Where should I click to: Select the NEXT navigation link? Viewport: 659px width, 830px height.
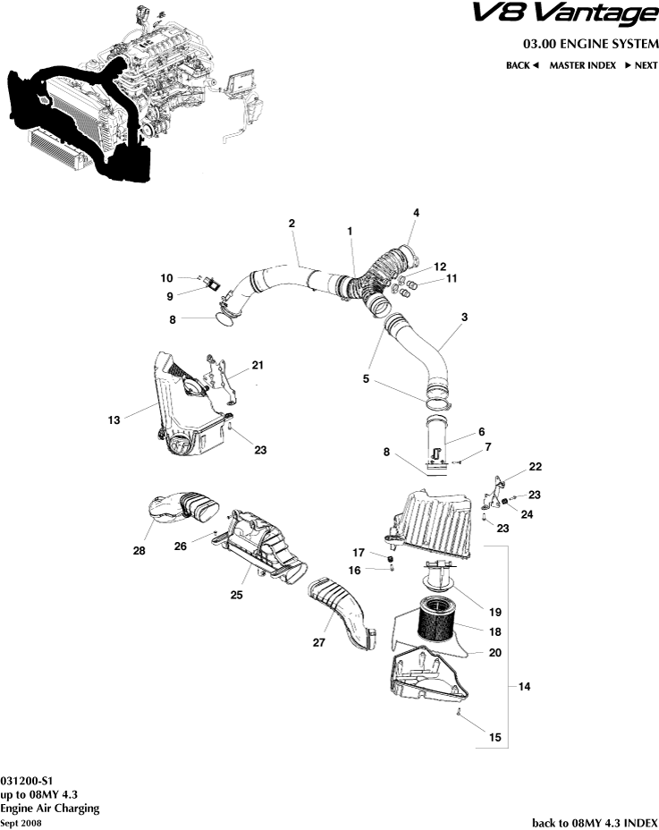click(x=641, y=65)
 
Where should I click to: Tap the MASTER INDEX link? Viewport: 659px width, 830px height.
click(x=582, y=65)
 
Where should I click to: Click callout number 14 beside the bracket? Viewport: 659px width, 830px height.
click(x=524, y=686)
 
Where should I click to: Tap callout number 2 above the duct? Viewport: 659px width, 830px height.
click(x=292, y=223)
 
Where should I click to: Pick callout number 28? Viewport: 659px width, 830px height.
click(x=139, y=551)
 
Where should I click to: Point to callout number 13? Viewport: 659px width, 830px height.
click(x=113, y=418)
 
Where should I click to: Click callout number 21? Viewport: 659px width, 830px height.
click(x=258, y=365)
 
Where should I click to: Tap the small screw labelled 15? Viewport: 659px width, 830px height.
click(x=458, y=713)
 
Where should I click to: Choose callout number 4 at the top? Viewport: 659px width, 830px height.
click(x=416, y=212)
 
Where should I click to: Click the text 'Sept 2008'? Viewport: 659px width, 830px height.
click(x=20, y=821)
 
